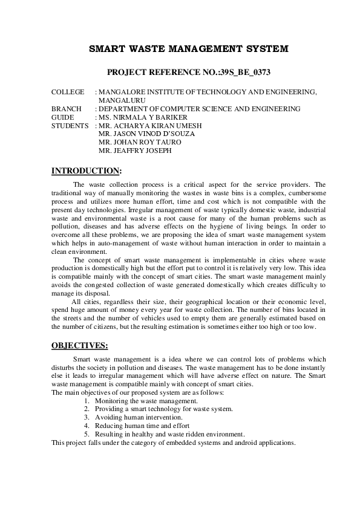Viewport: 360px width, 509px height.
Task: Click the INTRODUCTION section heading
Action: click(x=87, y=171)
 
